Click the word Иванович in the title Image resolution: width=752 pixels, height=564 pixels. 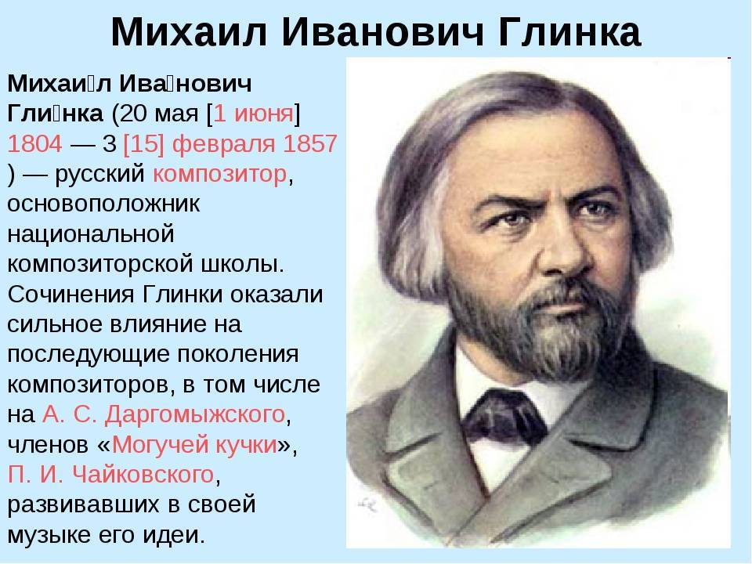pyautogui.click(x=382, y=32)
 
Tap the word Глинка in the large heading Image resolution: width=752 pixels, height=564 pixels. pyautogui.click(x=569, y=32)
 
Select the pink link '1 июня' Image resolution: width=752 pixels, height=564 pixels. pyautogui.click(x=253, y=114)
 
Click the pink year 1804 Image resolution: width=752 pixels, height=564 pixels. pyautogui.click(x=35, y=143)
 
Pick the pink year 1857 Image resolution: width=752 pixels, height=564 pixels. pyautogui.click(x=310, y=143)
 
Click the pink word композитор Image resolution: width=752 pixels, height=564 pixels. pyautogui.click(x=219, y=174)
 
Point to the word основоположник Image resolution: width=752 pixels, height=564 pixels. pyautogui.click(x=103, y=204)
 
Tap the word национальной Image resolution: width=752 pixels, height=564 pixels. pyautogui.click(x=91, y=234)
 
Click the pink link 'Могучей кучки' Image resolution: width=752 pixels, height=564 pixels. pyautogui.click(x=194, y=445)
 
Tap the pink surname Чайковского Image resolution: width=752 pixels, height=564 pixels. pyautogui.click(x=143, y=475)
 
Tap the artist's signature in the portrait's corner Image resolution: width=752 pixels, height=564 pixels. pyautogui.click(x=368, y=503)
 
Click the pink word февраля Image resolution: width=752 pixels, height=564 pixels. pyautogui.click(x=224, y=144)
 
